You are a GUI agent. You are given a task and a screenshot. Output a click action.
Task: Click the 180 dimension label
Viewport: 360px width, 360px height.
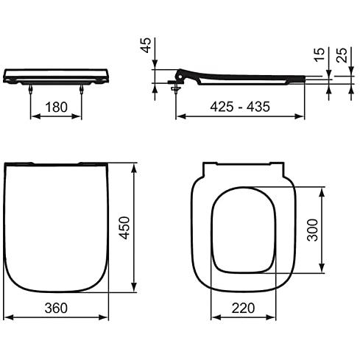(57, 107)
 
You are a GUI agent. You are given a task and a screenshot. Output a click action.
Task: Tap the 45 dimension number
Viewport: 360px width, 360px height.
(146, 46)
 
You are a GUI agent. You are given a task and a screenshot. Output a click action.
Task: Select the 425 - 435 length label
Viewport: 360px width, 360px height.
(240, 107)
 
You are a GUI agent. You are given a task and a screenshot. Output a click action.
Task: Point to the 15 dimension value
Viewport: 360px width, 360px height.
(320, 54)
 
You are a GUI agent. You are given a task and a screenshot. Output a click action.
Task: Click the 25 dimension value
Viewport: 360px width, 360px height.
(342, 54)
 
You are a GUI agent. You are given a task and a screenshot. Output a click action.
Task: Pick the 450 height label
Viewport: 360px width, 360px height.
(124, 227)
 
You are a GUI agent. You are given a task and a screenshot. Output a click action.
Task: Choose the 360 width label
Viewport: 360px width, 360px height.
(56, 308)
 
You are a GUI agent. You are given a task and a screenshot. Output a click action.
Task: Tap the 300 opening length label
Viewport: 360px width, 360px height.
(313, 230)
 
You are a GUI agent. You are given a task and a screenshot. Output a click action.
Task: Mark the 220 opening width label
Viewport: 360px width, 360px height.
(243, 308)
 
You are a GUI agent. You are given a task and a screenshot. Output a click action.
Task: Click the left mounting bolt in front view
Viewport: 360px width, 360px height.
(30, 89)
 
